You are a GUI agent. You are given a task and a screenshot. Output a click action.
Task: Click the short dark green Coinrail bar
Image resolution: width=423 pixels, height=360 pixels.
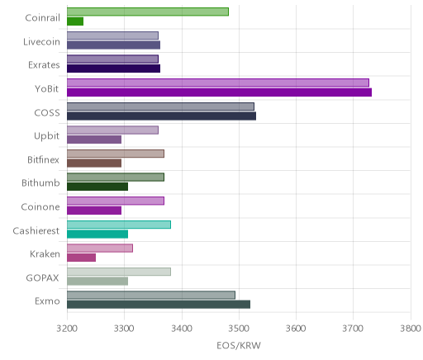click(x=75, y=21)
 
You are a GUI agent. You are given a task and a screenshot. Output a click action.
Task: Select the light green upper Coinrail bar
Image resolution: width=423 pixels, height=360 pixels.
click(x=148, y=12)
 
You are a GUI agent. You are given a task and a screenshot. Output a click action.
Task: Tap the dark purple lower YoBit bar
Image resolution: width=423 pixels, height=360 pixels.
click(x=219, y=92)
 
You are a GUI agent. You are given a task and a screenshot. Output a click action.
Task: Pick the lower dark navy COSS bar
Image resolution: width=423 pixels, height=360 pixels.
click(x=161, y=116)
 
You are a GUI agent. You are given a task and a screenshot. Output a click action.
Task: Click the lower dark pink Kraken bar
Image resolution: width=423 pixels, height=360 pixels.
click(x=81, y=258)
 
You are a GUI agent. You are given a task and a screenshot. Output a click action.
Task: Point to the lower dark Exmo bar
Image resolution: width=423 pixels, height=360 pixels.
click(x=159, y=305)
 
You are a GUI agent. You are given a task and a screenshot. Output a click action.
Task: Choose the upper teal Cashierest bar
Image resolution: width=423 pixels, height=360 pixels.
click(x=119, y=225)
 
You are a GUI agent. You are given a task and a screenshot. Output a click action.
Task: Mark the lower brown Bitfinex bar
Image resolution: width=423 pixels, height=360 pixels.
click(x=94, y=163)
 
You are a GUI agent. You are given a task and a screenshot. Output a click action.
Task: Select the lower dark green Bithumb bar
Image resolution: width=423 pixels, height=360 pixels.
click(x=97, y=187)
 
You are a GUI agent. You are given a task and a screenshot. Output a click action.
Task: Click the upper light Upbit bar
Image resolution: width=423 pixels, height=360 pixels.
click(x=112, y=130)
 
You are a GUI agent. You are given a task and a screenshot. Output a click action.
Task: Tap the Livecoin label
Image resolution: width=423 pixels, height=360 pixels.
click(x=41, y=42)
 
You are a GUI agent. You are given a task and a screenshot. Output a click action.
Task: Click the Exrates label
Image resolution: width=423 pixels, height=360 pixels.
click(x=44, y=65)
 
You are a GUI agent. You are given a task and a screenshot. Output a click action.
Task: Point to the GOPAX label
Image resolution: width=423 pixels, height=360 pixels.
click(x=43, y=278)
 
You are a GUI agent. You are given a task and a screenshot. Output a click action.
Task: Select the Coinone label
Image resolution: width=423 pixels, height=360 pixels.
click(x=40, y=207)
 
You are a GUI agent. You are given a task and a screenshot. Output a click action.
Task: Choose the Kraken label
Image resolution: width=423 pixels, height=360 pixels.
click(x=45, y=254)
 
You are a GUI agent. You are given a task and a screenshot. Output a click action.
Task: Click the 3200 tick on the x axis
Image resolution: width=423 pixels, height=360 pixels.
click(x=67, y=329)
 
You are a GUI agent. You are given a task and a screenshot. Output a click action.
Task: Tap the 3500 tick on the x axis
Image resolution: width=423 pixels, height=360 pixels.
click(x=239, y=329)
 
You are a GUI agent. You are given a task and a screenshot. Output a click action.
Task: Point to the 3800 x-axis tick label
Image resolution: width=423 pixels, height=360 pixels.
click(x=411, y=329)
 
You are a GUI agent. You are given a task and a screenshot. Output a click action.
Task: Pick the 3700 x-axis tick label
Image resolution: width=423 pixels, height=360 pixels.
click(x=353, y=329)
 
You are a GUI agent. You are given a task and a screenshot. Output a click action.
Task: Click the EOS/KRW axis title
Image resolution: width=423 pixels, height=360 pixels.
click(x=239, y=345)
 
